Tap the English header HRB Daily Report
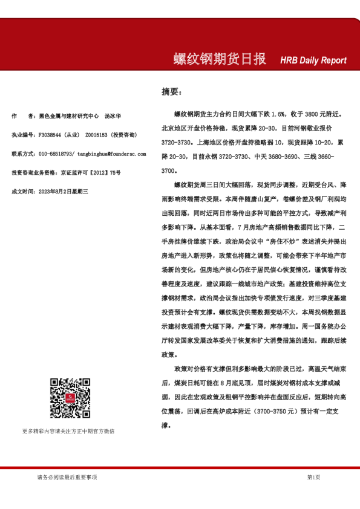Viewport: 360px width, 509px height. point(313,60)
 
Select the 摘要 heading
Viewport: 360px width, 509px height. point(170,92)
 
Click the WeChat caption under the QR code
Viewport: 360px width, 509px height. point(68,431)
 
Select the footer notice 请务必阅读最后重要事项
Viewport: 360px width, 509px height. point(67,477)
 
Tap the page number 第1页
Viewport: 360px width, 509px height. point(313,477)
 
